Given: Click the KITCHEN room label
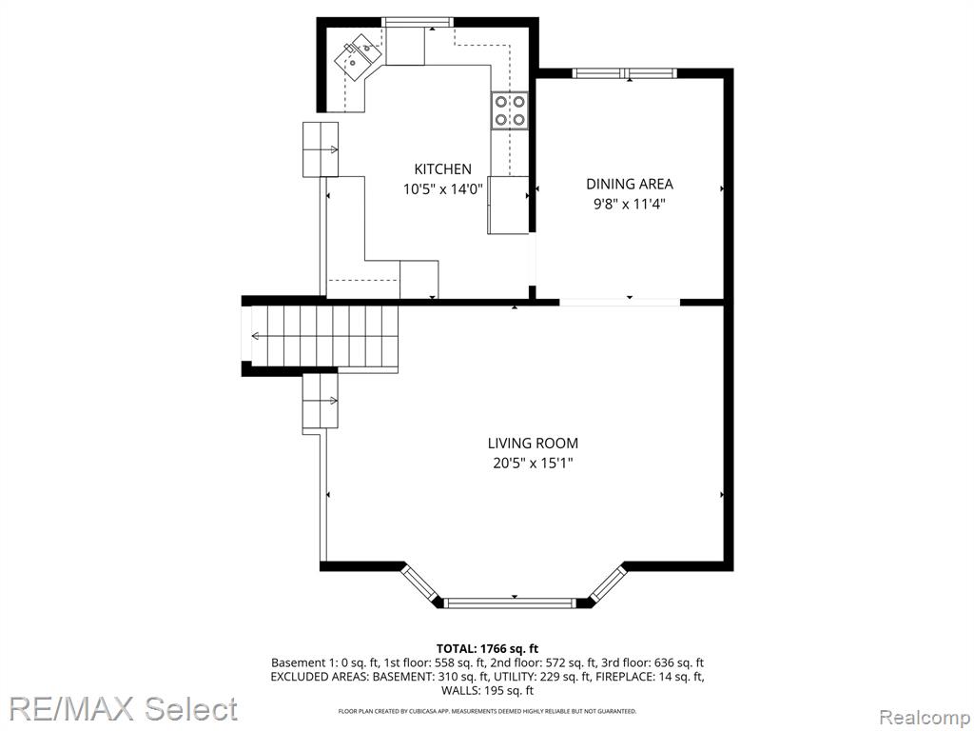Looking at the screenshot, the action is tap(443, 169).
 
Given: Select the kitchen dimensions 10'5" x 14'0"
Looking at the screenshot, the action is tap(443, 189).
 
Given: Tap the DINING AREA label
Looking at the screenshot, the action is tap(630, 184).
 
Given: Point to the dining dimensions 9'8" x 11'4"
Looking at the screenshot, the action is tap(630, 204).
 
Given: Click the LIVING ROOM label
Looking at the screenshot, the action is tap(533, 444).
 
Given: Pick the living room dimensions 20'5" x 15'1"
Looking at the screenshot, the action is tap(533, 464).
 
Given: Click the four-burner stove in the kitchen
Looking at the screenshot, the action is tap(510, 110).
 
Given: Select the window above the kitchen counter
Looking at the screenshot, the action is tap(418, 22).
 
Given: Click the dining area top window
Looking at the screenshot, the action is tap(624, 73).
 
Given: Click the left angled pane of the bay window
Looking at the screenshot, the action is tap(420, 583).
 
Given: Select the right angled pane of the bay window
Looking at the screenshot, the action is tap(606, 583).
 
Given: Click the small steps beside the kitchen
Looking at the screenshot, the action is tap(321, 149).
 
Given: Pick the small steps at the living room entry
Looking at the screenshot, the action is tap(321, 401).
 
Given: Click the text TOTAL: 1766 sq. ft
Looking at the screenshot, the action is tap(487, 649).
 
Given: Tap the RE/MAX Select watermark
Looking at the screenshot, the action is tap(123, 708).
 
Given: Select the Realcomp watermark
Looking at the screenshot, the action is tap(925, 717).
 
